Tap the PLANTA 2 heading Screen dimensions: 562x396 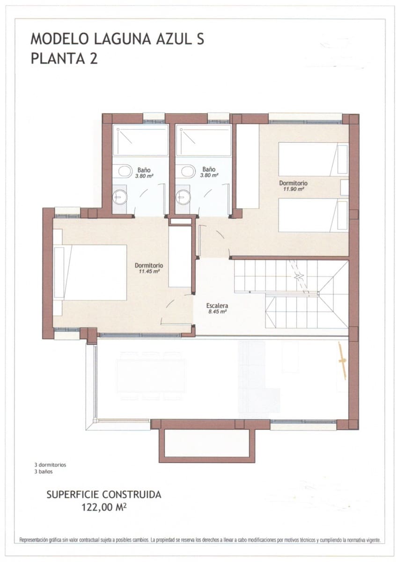(x=64, y=59)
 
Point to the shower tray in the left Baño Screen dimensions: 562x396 (x=140, y=140)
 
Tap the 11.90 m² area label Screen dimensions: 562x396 (x=293, y=189)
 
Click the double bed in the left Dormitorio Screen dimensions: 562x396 (x=94, y=272)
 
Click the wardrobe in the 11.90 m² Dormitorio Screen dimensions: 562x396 (x=248, y=166)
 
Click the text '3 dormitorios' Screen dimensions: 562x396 (x=50, y=465)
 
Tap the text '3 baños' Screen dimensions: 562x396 (x=44, y=472)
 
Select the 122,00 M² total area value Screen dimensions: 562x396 (x=104, y=506)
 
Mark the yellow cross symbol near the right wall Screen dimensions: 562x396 (x=342, y=360)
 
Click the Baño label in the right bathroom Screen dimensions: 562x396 (x=209, y=170)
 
